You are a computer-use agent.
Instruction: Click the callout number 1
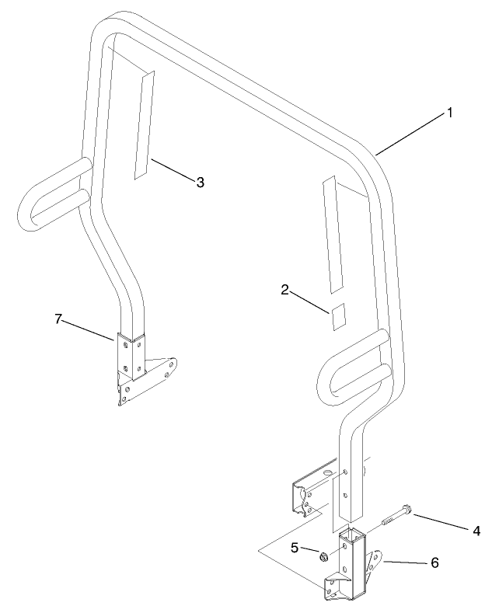coord(448,113)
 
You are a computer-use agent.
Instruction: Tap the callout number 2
coord(285,291)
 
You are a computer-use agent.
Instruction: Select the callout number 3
coord(200,182)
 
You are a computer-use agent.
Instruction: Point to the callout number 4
coord(476,531)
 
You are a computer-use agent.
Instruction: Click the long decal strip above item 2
coord(332,233)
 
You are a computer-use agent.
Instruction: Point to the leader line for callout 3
coord(172,170)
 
